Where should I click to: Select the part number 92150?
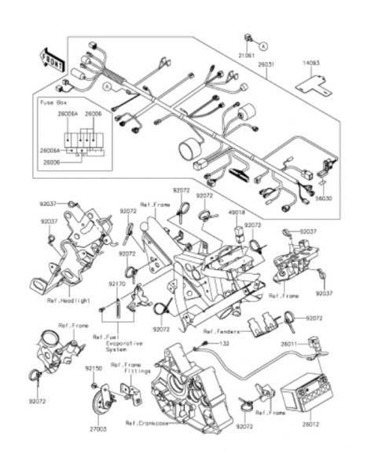[x=94, y=367]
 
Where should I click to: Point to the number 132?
[x=224, y=344]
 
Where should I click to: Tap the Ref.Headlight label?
[x=69, y=301]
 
